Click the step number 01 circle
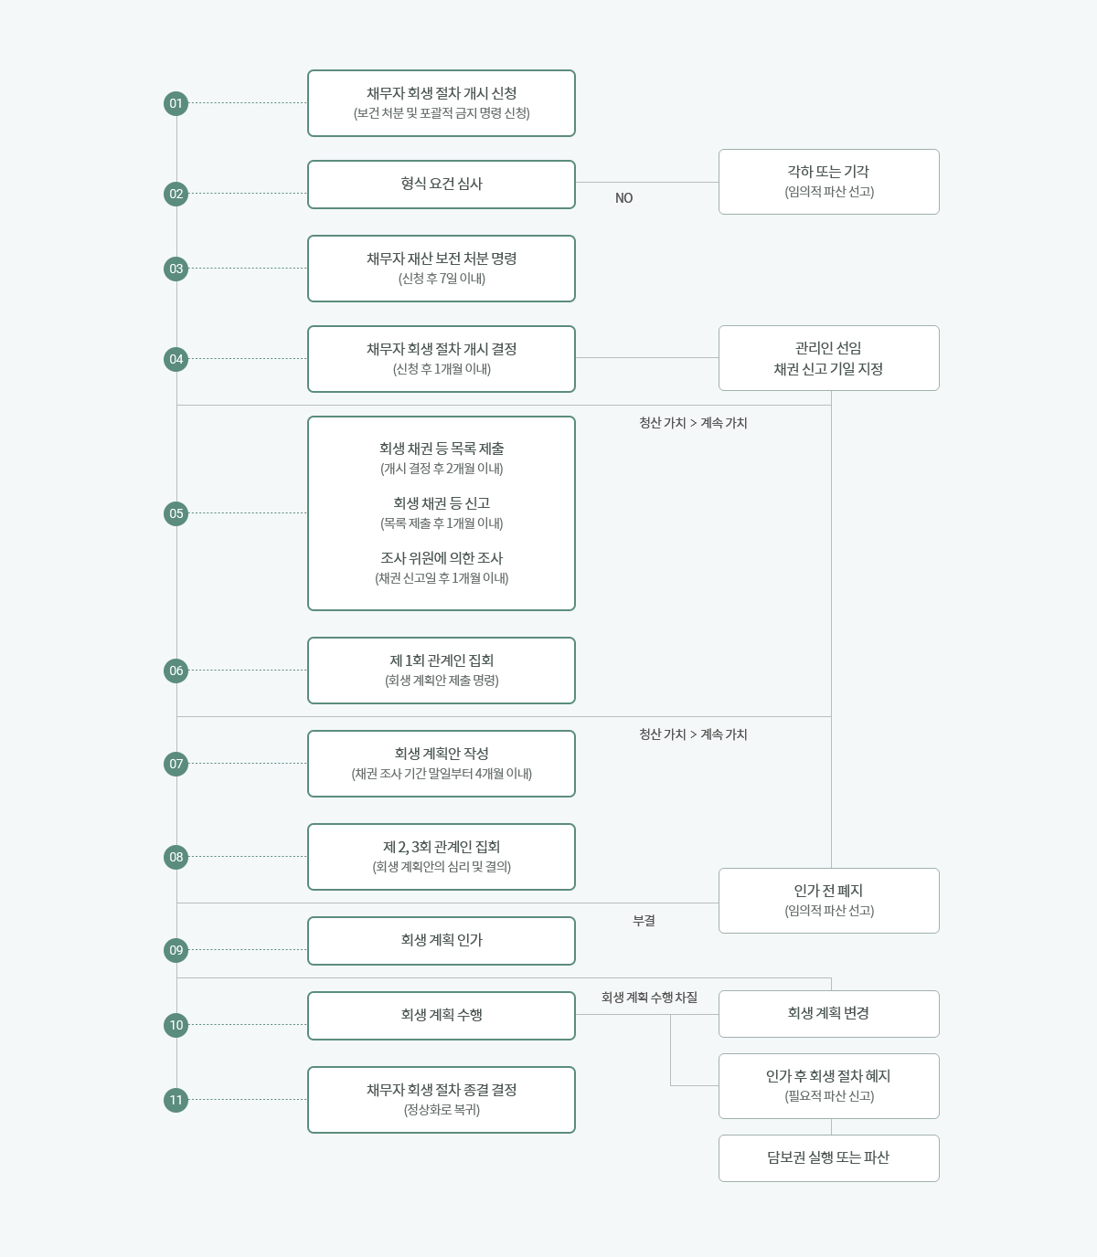click(x=176, y=103)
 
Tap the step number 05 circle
click(x=176, y=513)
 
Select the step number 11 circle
click(x=176, y=1100)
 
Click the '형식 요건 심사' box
click(x=442, y=185)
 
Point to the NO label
click(x=623, y=198)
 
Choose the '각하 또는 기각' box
click(x=828, y=182)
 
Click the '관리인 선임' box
click(x=828, y=358)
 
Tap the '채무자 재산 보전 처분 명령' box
click(x=442, y=269)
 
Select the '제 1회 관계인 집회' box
click(x=442, y=671)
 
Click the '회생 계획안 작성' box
click(x=442, y=764)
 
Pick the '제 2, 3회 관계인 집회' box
click(x=442, y=857)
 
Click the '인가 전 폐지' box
click(x=828, y=901)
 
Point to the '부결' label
click(x=644, y=921)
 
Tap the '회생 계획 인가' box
click(x=442, y=941)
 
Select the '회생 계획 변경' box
click(x=828, y=1014)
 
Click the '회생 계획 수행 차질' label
click(x=649, y=998)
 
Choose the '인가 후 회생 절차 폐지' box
click(x=828, y=1086)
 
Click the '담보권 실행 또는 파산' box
click(x=828, y=1158)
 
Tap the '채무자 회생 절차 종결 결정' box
click(x=442, y=1100)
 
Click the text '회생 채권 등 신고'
click(x=442, y=503)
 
